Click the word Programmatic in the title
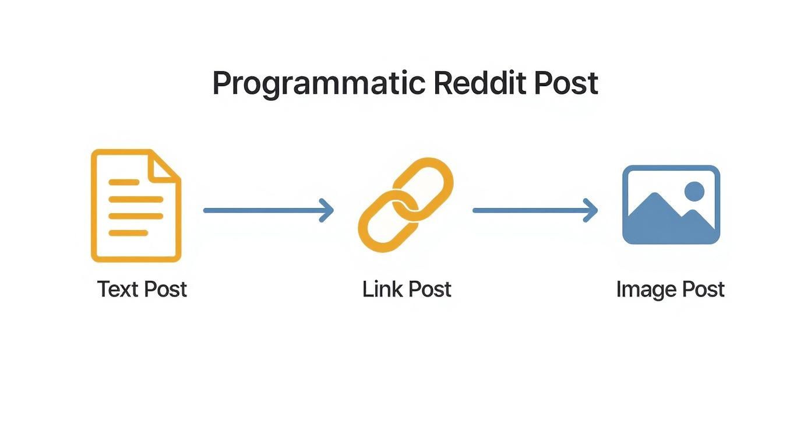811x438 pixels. (x=318, y=84)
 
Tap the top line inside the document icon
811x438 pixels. (x=124, y=182)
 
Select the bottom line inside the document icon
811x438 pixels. (x=128, y=233)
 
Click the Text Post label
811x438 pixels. (x=142, y=289)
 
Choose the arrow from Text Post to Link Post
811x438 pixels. (x=268, y=210)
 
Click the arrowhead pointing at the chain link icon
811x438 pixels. (x=328, y=210)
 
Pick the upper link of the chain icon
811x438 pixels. (x=424, y=185)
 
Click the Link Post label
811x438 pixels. (x=407, y=289)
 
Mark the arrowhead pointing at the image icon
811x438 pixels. (x=592, y=210)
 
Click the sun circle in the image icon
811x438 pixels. (x=694, y=191)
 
